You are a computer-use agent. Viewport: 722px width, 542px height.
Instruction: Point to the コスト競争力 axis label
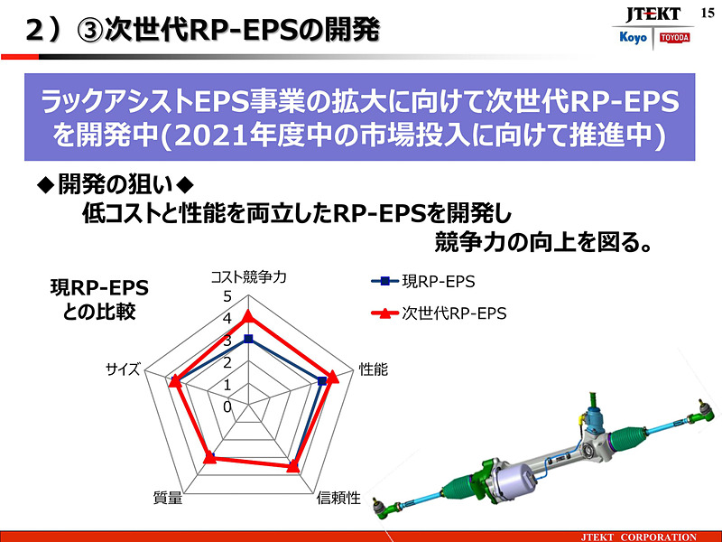[249, 277]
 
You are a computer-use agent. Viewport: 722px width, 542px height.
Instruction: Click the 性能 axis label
[373, 369]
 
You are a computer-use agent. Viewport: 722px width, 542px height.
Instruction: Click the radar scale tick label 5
[227, 297]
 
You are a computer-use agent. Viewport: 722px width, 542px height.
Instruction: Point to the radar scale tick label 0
[227, 407]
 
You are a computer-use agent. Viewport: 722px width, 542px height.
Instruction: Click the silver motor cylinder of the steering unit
[513, 477]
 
